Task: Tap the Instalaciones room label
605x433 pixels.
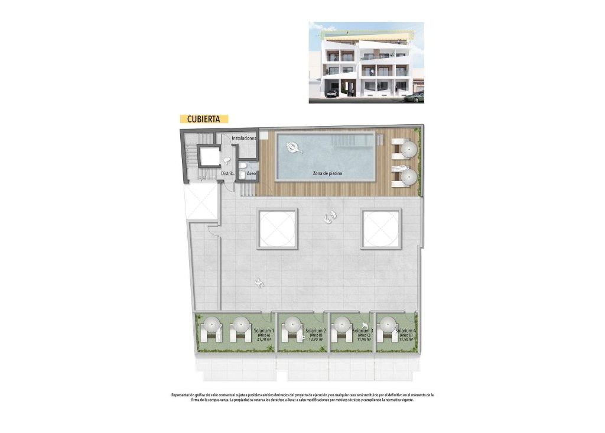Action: pyautogui.click(x=243, y=138)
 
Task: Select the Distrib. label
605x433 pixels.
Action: pyautogui.click(x=228, y=173)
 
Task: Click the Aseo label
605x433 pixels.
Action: pyautogui.click(x=251, y=173)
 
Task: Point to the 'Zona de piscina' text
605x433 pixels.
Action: pyautogui.click(x=327, y=173)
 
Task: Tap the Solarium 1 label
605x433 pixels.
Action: pyautogui.click(x=264, y=330)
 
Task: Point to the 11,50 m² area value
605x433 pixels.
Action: pyautogui.click(x=405, y=340)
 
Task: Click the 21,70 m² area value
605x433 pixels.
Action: pyautogui.click(x=264, y=340)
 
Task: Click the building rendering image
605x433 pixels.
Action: pyautogui.click(x=366, y=63)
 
